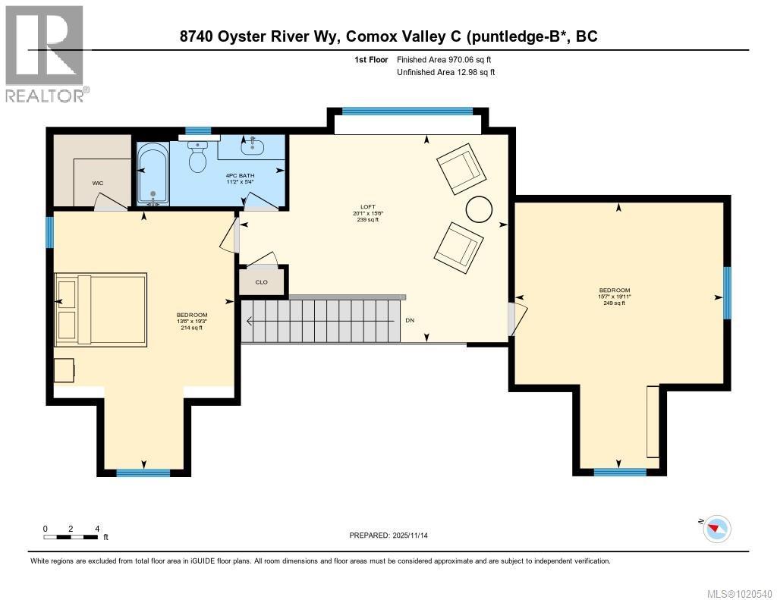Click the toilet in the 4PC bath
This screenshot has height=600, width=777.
(x=198, y=159)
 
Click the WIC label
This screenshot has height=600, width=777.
(x=98, y=183)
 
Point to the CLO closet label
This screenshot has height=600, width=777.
(x=262, y=282)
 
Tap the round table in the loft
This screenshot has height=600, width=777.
(x=479, y=209)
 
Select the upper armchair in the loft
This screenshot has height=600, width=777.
(x=461, y=168)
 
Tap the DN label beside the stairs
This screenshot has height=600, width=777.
(x=410, y=321)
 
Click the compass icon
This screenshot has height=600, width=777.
(x=716, y=529)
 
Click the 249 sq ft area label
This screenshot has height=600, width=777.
(x=614, y=303)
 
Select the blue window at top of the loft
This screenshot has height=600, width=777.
(x=407, y=111)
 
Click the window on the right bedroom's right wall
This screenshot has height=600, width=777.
(x=726, y=293)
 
